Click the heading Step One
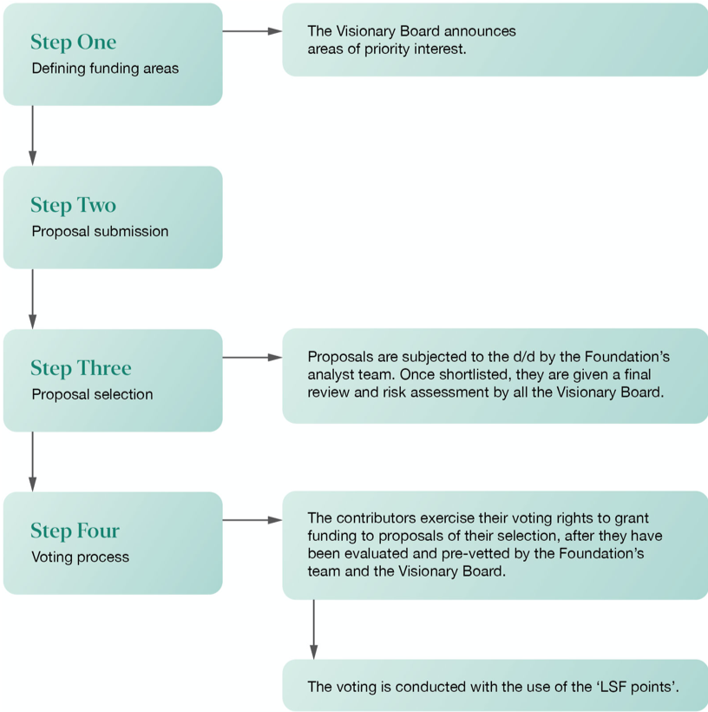tap(74, 42)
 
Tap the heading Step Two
tap(74, 205)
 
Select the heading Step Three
tap(81, 368)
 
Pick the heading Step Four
tap(75, 531)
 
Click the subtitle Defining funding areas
tap(105, 69)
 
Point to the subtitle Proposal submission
tap(100, 232)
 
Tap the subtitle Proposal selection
tap(92, 394)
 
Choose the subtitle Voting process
tap(81, 557)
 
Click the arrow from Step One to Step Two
tap(33, 135)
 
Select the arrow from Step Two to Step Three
tap(33, 299)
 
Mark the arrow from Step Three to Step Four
tap(33, 461)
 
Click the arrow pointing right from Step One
tap(252, 31)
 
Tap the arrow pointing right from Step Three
tap(252, 358)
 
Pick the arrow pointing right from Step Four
tap(252, 520)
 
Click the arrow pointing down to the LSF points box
tap(313, 630)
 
